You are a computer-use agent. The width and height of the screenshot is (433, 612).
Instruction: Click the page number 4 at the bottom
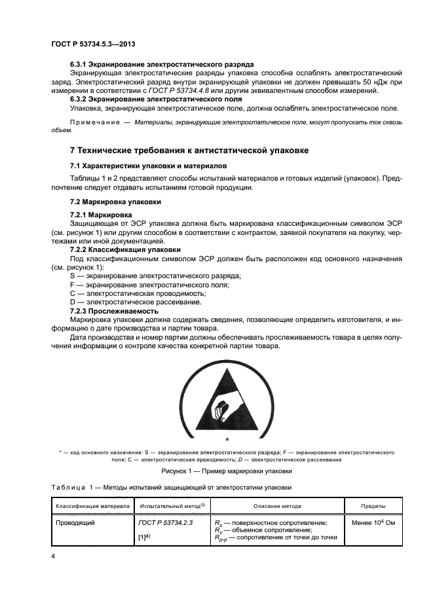point(53,556)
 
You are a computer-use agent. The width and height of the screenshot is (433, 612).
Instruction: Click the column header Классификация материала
point(92,506)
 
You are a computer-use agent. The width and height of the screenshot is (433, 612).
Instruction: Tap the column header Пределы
point(373,506)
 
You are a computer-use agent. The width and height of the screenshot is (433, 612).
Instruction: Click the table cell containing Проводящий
point(76,523)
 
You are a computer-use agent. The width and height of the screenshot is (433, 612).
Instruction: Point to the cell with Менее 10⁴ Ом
point(373,523)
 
